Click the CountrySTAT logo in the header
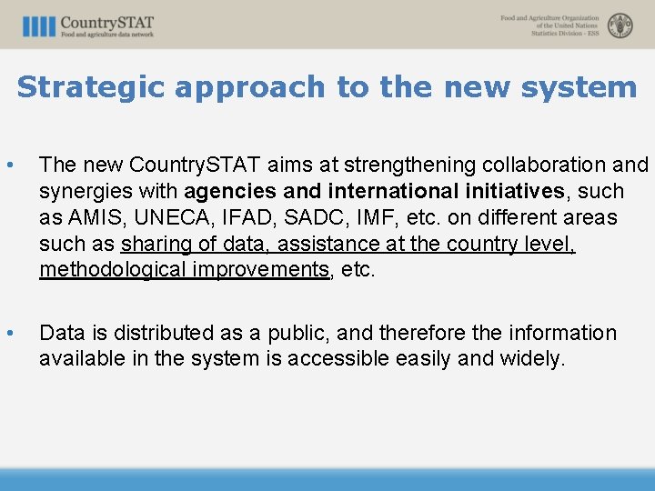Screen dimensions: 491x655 pos(88,25)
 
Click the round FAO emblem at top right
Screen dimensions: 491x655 pos(620,25)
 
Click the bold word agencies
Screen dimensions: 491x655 pos(230,192)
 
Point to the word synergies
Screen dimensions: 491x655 pos(84,192)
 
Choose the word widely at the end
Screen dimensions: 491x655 pos(532,359)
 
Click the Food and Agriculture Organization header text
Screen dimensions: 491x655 pos(549,25)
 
